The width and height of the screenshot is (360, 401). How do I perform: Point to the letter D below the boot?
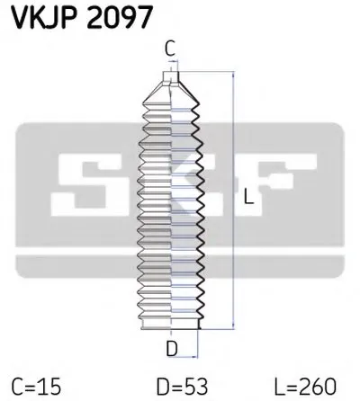coord(172,346)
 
